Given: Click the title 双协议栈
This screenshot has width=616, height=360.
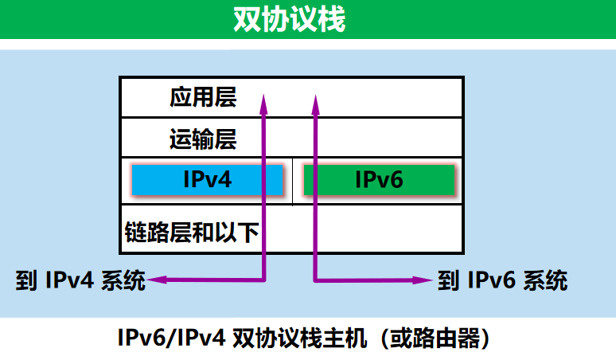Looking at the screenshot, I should click(x=290, y=19).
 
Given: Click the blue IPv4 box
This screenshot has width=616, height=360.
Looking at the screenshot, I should click(x=207, y=180).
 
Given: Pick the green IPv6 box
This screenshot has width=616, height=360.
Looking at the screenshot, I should click(x=379, y=181).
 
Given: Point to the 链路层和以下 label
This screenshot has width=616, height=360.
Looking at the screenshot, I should click(x=193, y=232).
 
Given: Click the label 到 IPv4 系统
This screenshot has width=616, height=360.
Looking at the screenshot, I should click(x=80, y=280).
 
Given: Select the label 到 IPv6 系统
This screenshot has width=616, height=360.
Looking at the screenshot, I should click(x=502, y=280).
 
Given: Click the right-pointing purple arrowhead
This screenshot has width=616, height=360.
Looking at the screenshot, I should click(x=428, y=280).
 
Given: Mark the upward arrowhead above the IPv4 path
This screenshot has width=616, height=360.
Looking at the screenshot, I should click(x=263, y=99).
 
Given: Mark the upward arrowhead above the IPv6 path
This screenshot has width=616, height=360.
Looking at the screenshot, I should click(x=315, y=99).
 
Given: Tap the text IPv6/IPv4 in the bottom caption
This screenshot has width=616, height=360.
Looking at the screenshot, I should click(x=170, y=339).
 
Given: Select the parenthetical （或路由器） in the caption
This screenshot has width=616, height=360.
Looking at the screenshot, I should click(x=434, y=339).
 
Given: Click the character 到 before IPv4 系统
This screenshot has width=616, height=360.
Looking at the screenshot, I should click(x=25, y=280).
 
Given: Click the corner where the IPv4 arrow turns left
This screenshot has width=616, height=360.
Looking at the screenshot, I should click(x=263, y=279).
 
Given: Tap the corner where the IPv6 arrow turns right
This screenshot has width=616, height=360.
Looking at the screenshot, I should click(x=315, y=279).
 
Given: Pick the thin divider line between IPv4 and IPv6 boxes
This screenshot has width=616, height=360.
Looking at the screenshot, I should click(x=293, y=181).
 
